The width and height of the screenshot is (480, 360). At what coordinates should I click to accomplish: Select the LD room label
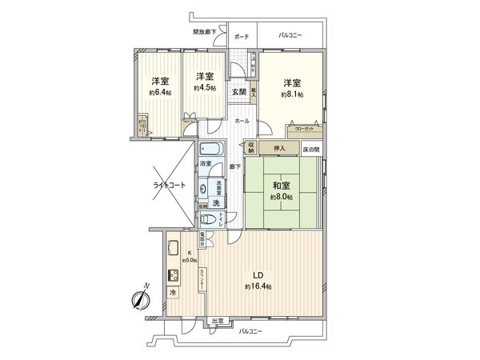pyautogui.click(x=258, y=273)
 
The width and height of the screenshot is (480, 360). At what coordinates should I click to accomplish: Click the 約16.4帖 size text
pyautogui.click(x=258, y=286)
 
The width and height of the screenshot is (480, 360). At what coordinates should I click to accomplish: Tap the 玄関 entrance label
pyautogui.click(x=239, y=92)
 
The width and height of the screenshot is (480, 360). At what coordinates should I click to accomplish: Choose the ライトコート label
pyautogui.click(x=169, y=185)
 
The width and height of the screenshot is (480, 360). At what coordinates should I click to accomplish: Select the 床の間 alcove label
pyautogui.click(x=311, y=149)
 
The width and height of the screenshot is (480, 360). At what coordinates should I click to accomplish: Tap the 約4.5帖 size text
pyautogui.click(x=204, y=88)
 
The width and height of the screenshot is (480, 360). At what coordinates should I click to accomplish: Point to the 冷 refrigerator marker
pyautogui.click(x=174, y=294)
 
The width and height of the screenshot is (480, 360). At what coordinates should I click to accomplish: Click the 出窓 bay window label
pyautogui.click(x=217, y=322)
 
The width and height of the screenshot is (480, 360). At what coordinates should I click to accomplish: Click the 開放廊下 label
pyautogui.click(x=205, y=32)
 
